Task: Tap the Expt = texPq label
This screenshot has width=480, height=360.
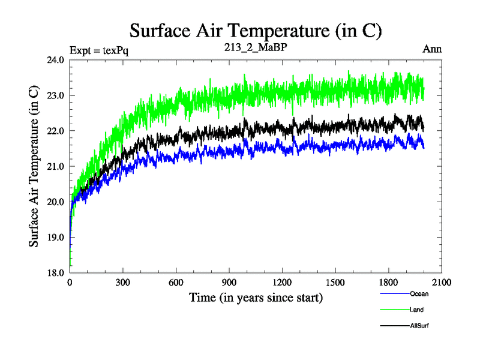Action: tap(100, 50)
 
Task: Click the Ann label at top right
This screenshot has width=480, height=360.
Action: tap(433, 49)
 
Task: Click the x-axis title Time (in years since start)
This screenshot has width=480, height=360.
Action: tap(256, 298)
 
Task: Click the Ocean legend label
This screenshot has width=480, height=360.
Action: tap(419, 294)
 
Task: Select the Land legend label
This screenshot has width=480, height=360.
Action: tap(418, 310)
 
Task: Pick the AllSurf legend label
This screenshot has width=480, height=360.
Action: tap(419, 326)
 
